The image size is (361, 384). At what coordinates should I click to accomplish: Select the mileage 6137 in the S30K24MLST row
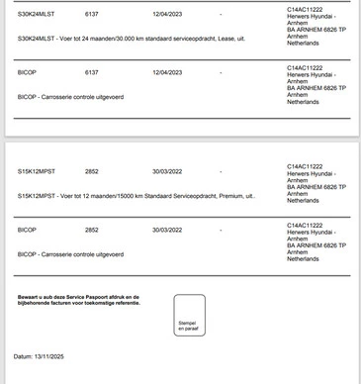click(x=92, y=15)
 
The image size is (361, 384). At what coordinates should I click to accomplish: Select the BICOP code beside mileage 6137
click(x=27, y=72)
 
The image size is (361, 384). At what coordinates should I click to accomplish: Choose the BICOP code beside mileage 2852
click(x=27, y=230)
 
